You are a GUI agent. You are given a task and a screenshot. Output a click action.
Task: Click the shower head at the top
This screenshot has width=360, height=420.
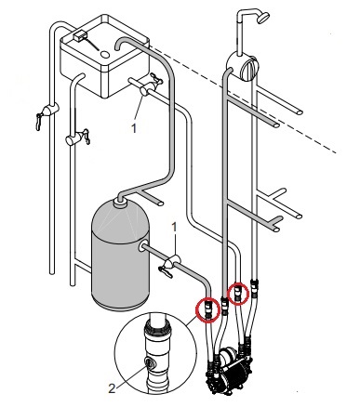click(263, 18)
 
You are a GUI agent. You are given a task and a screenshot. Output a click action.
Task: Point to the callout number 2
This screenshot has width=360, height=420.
click(112, 387)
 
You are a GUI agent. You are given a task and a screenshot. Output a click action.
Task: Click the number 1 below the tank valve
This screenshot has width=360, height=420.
click(134, 128)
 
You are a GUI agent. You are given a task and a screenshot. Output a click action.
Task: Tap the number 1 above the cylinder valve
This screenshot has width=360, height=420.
click(174, 228)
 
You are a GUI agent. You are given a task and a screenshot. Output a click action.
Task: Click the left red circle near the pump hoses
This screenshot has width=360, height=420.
click(208, 309)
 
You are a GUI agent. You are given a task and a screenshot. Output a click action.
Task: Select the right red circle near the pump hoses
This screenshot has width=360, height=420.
click(238, 294)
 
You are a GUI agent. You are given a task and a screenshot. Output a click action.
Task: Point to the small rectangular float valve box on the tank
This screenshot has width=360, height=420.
click(81, 35)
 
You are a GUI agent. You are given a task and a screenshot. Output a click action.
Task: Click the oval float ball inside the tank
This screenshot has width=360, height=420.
click(105, 55)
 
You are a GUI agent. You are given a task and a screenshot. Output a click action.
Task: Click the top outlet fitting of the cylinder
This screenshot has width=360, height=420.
click(119, 203)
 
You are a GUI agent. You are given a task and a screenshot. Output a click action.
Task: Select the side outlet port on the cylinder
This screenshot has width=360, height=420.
click(142, 247)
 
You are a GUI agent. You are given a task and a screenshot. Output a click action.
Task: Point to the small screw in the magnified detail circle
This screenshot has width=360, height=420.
click(150, 362)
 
